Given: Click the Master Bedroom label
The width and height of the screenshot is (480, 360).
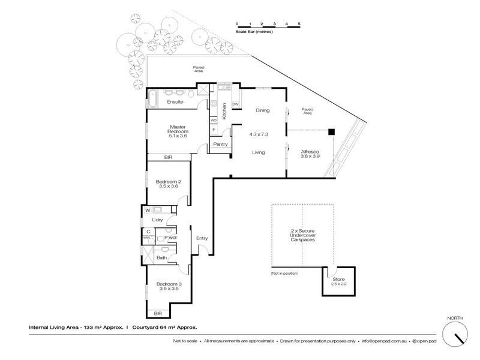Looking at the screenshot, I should [179, 130].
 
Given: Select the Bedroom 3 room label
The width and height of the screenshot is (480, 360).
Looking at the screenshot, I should [169, 284].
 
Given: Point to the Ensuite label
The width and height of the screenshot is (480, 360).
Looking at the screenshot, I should [175, 102].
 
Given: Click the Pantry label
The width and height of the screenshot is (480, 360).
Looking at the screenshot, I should [220, 144].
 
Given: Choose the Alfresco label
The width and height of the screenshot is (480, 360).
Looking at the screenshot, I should [310, 152].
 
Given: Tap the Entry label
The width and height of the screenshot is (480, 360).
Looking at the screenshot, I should [202, 238].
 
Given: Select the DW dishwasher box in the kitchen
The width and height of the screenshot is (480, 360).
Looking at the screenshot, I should [235, 104].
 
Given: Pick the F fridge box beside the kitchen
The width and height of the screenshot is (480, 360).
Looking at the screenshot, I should [214, 130].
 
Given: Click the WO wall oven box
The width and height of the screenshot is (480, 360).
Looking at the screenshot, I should [214, 120].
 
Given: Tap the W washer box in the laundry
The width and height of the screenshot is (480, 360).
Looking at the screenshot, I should [148, 210].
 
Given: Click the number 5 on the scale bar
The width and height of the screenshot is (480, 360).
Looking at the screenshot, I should [299, 23].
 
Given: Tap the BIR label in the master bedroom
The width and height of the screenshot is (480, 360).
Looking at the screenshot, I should [169, 157].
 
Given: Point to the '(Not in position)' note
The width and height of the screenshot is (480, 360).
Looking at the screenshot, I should [284, 274].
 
